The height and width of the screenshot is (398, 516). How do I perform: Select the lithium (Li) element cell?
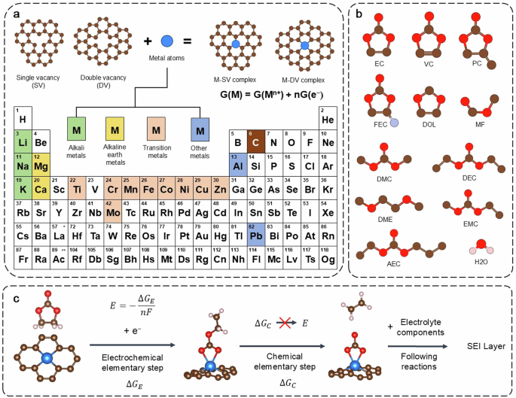[x=23, y=140]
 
